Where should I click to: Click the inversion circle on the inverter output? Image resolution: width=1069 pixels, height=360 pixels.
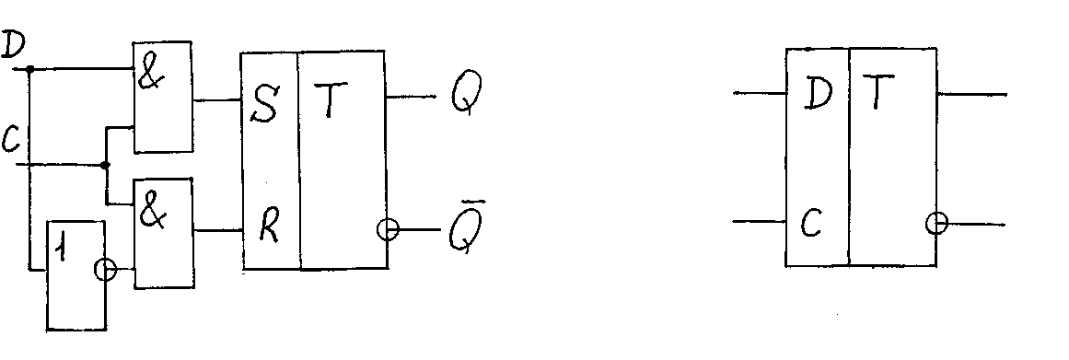[x=105, y=271]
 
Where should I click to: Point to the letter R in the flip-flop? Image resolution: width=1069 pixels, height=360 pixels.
[x=269, y=229]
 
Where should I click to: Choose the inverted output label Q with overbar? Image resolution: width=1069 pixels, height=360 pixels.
[x=466, y=227]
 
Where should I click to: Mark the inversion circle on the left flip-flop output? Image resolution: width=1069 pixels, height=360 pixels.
[x=388, y=229]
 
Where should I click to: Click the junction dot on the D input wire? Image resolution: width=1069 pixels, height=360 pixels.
[x=29, y=69]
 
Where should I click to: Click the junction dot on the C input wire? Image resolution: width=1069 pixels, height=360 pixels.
[x=104, y=165]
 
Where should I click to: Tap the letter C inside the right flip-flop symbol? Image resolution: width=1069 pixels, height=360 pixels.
[x=810, y=222]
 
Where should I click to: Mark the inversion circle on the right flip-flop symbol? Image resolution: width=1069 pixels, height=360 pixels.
[x=936, y=223]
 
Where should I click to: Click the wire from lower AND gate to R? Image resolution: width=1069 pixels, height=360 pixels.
[x=219, y=230]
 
